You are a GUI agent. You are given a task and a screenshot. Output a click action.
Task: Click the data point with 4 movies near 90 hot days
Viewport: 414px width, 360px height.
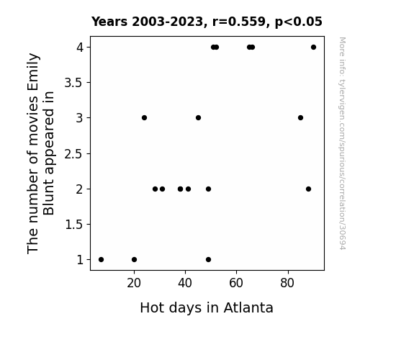tap(313, 48)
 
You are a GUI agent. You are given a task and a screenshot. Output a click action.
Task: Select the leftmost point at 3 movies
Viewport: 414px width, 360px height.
tap(144, 117)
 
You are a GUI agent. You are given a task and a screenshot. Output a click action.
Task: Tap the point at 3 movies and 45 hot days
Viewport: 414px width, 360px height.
tap(198, 117)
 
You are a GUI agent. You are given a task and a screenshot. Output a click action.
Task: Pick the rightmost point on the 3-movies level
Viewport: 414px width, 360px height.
tap(300, 117)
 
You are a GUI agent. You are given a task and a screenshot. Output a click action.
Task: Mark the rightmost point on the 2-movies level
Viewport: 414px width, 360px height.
tap(308, 189)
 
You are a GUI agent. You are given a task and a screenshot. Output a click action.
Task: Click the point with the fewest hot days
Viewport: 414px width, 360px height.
tap(101, 259)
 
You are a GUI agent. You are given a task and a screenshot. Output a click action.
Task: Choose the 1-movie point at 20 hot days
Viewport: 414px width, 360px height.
tap(134, 259)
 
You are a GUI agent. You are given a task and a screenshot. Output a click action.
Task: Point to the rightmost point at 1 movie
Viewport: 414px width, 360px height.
tap(208, 259)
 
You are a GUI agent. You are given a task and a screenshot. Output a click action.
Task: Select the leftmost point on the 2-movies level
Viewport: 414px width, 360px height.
tap(155, 189)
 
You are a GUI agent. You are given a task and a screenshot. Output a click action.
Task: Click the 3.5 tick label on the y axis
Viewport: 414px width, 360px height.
tap(73, 83)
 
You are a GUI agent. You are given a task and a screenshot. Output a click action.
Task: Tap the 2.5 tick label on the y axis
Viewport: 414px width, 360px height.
tap(73, 153)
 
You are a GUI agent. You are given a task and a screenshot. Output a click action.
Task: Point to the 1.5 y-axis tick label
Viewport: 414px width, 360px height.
tap(73, 225)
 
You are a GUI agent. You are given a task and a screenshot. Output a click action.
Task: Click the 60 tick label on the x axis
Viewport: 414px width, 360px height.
tap(236, 283)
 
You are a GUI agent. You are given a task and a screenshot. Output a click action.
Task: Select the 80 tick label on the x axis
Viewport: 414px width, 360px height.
tap(287, 283)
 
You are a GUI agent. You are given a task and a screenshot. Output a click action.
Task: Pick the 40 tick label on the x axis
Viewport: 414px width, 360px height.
tap(185, 283)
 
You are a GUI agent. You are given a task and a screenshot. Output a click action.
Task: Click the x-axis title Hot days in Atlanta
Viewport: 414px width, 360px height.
tap(207, 307)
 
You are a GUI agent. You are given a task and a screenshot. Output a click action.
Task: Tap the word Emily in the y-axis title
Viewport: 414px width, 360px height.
tap(33, 68)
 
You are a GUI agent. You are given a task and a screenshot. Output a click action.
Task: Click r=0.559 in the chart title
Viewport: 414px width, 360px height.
tap(239, 22)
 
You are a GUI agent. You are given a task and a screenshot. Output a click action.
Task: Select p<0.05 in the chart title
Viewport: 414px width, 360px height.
tap(299, 22)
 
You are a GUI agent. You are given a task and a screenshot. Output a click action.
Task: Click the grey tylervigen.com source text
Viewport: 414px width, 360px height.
tap(342, 143)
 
